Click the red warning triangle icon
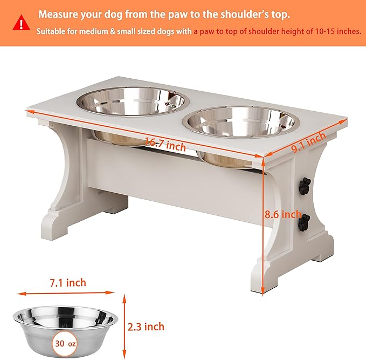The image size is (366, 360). tap(21, 23)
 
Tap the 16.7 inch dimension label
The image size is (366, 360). tap(165, 145)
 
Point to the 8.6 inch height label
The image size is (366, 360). tap(282, 214)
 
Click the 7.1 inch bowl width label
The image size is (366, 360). tap(68, 283)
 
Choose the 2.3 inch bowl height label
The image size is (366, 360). tap(146, 327)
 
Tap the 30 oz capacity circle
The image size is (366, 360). tap(65, 344)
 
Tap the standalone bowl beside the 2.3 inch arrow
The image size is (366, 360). tap(65, 331)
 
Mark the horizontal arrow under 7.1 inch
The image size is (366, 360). tap(66, 293)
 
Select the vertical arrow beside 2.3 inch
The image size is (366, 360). tap(125, 327)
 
